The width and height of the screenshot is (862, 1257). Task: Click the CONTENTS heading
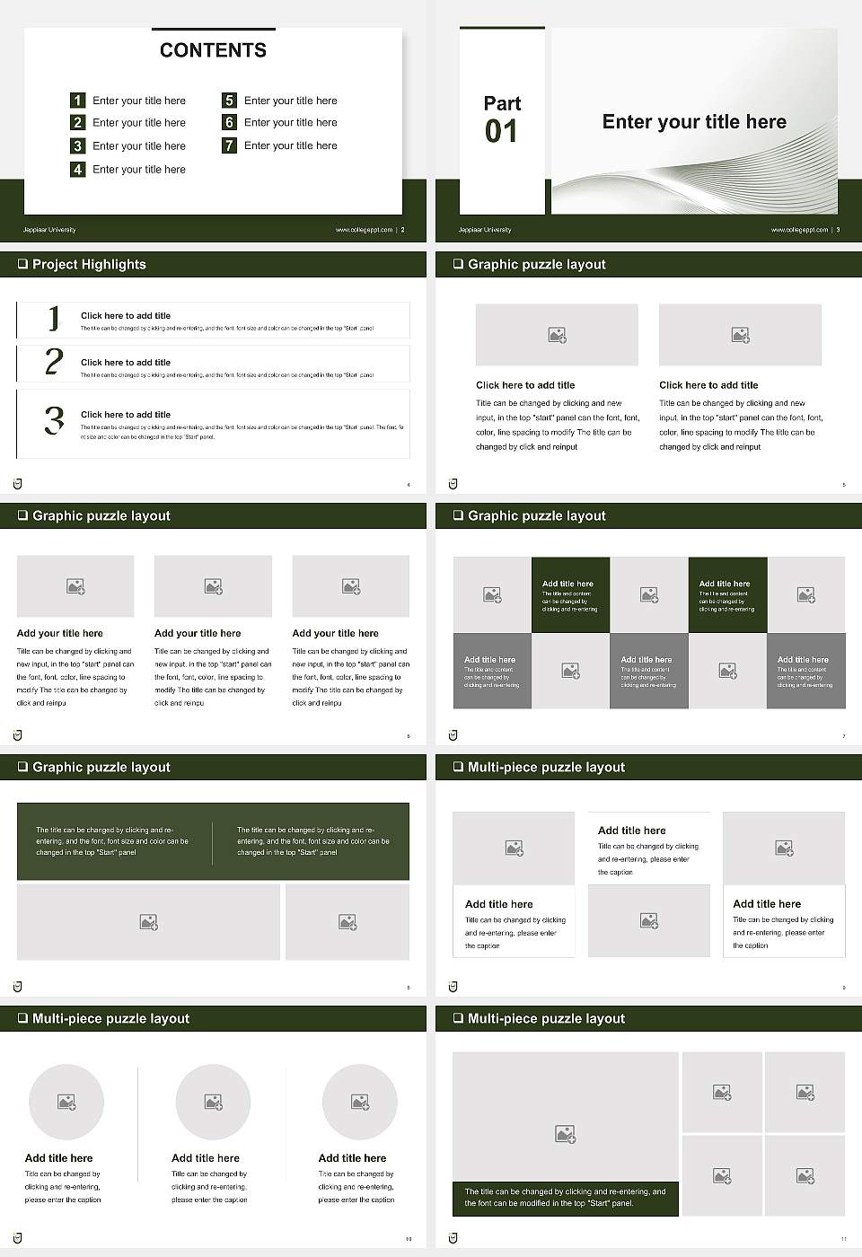(213, 50)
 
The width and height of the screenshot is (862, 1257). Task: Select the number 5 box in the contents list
(229, 101)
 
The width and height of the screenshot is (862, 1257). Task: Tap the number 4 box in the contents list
(78, 169)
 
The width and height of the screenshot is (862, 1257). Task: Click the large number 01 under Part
(501, 132)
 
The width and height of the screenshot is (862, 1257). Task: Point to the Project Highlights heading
(89, 264)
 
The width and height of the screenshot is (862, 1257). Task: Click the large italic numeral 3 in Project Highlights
(54, 420)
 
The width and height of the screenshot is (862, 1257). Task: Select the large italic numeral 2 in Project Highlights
(54, 362)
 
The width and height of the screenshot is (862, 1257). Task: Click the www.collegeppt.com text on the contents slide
(364, 230)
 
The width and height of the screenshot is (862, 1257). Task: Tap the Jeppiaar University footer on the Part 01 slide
(485, 230)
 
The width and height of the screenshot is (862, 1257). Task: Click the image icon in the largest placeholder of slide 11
(565, 1135)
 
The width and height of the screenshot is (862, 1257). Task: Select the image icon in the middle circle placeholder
(213, 1102)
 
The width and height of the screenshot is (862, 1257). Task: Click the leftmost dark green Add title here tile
(570, 595)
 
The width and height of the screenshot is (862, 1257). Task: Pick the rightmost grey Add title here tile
(805, 671)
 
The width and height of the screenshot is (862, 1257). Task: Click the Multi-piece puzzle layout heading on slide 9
(546, 767)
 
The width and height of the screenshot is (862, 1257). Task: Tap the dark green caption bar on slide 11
(565, 1198)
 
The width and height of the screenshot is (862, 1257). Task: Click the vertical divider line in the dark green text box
(213, 842)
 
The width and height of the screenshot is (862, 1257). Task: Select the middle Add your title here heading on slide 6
(198, 633)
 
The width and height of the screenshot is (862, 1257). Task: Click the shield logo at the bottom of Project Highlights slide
(18, 484)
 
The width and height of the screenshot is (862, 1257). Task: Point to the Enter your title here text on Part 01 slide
(694, 122)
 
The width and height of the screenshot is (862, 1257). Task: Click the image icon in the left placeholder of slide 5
(557, 335)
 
